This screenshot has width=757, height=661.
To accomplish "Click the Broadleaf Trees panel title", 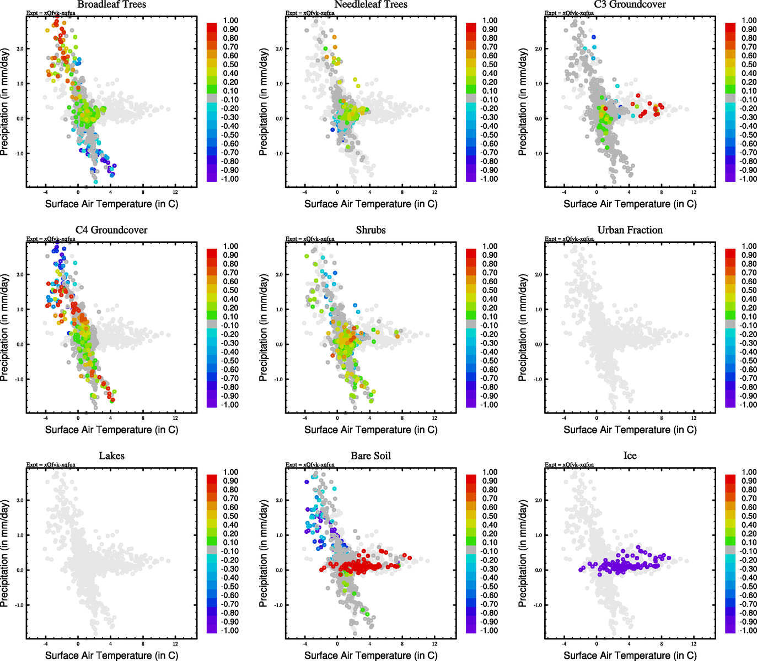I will (x=111, y=4).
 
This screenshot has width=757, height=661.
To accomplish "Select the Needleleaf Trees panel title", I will (x=371, y=4).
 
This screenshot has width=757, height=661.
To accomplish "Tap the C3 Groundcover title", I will (x=630, y=4).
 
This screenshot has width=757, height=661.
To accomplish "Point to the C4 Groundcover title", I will (x=111, y=230).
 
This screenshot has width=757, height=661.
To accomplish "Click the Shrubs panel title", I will (x=371, y=230).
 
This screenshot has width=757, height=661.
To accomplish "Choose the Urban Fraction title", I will (x=630, y=230).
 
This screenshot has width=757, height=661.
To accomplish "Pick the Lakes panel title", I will (x=111, y=456).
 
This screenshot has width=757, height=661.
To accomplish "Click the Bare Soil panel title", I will (x=371, y=456).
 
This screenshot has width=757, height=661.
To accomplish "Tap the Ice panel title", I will (x=630, y=456).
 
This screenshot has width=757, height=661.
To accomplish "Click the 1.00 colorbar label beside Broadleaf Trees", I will (x=230, y=20).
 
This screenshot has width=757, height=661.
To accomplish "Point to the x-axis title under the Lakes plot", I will (x=111, y=655).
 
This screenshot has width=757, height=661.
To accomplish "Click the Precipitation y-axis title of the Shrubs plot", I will (x=264, y=328).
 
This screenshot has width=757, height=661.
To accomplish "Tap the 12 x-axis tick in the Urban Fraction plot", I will (x=694, y=418).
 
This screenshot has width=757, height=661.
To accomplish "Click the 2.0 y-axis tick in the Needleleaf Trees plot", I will (x=279, y=48).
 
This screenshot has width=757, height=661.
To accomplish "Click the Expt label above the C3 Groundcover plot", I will (x=569, y=13).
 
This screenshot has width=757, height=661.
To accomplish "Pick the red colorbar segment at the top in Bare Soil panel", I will (x=471, y=477).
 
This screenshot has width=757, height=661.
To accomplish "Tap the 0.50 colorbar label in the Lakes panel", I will (x=230, y=516).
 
